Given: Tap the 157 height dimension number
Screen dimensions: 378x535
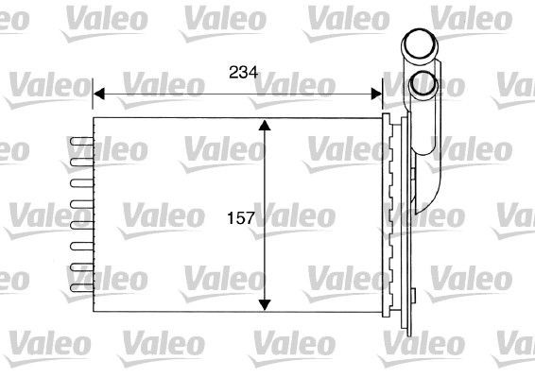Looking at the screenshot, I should pyautogui.click(x=242, y=218).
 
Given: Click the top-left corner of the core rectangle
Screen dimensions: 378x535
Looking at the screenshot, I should pyautogui.click(x=95, y=119).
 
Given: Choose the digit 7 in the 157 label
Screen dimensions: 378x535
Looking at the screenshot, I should pyautogui.click(x=252, y=218).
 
